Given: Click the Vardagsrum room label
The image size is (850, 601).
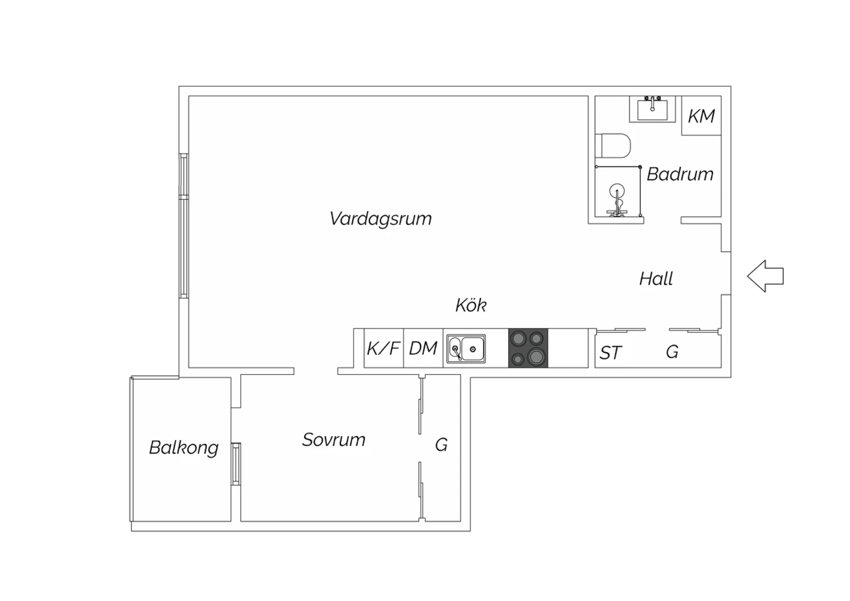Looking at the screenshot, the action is (x=381, y=219).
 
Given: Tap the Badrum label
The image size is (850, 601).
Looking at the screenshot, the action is (x=680, y=174).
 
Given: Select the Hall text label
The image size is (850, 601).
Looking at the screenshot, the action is (x=656, y=278).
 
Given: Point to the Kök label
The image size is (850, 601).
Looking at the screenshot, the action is (x=471, y=305).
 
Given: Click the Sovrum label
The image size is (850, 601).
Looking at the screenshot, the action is (x=334, y=439).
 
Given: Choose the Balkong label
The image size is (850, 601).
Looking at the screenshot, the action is (x=184, y=448).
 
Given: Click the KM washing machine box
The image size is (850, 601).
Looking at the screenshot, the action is (x=702, y=116).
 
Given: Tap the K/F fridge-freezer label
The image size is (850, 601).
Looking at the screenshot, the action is (x=383, y=348).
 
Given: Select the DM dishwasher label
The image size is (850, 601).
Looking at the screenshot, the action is (x=423, y=348).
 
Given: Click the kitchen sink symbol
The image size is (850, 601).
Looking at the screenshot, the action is (x=466, y=349).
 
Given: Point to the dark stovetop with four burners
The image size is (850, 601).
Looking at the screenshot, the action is (x=528, y=348).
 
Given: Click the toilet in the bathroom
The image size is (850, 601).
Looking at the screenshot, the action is (x=613, y=145).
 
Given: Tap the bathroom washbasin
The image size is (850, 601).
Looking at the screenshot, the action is (x=652, y=109).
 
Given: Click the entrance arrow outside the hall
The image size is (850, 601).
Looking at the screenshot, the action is (x=766, y=276).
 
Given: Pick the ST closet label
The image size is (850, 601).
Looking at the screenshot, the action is (x=610, y=353).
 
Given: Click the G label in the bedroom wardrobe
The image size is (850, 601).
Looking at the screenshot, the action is (x=441, y=445).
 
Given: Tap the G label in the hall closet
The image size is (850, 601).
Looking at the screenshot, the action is (x=672, y=352).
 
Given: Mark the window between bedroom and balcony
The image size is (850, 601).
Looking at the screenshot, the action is (x=236, y=464).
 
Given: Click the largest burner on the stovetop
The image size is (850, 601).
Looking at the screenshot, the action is (x=536, y=357).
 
